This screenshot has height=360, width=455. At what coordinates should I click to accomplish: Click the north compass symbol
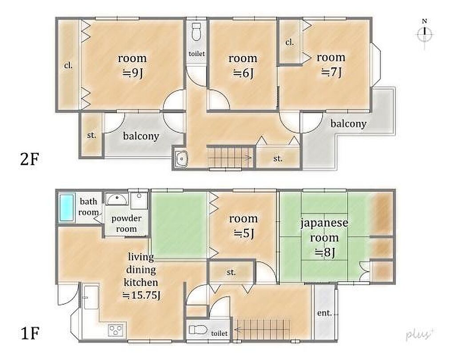424,33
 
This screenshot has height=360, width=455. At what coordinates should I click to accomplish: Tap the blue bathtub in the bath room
67,207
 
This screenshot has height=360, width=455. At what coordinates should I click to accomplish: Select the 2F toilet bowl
196,32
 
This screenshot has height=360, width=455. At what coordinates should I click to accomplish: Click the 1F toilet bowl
197,330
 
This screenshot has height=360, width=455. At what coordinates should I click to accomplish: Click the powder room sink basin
116,199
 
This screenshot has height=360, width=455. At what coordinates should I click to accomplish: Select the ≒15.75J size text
141,295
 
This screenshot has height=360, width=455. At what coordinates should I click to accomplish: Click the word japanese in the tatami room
324,223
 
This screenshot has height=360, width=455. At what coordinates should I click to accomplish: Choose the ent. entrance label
324,313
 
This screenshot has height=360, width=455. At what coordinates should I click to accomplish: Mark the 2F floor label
29,159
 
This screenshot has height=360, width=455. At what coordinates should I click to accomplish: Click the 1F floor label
30,333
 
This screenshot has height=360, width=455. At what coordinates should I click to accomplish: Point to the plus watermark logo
419,334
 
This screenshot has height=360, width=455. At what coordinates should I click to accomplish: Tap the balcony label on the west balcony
141,136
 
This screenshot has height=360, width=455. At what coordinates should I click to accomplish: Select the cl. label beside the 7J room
289,43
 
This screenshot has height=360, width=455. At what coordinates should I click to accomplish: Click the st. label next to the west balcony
92,135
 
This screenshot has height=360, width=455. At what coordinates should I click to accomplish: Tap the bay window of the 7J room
376,64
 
